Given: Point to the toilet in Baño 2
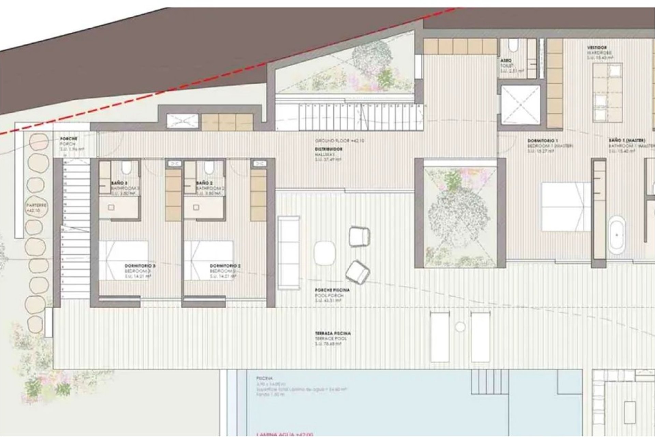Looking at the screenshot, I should point(209,168).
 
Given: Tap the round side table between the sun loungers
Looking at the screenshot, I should point(460,327).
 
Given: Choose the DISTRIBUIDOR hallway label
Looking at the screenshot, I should point(329,150).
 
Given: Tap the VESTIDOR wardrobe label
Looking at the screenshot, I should point(597,48).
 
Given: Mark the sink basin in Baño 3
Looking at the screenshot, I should point(111,207).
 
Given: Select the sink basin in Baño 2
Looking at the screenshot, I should point(196,207).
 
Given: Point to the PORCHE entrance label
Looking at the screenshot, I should point(68,139).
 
